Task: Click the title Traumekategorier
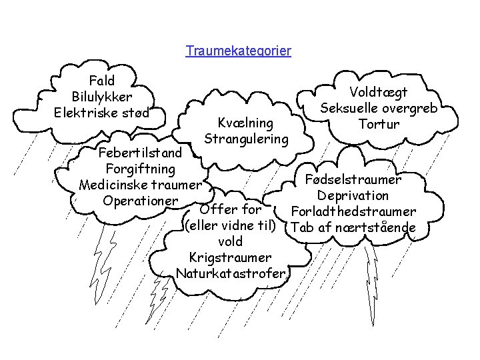coord(239,51)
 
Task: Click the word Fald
coord(102,81)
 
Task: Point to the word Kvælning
coord(246,123)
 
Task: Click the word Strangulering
coord(246,139)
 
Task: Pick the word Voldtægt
coord(379,93)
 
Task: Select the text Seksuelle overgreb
coord(379,109)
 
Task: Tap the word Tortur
coord(379,124)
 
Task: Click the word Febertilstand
coord(140,153)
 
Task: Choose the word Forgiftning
coord(140,169)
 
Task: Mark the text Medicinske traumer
coord(140,185)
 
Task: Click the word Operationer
coord(140,200)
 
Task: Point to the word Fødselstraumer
coord(353,179)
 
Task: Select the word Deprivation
coord(353,195)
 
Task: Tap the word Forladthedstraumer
coord(353,212)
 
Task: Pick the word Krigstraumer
coord(230,257)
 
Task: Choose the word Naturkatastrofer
coord(231,273)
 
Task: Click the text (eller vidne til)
coord(230,225)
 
